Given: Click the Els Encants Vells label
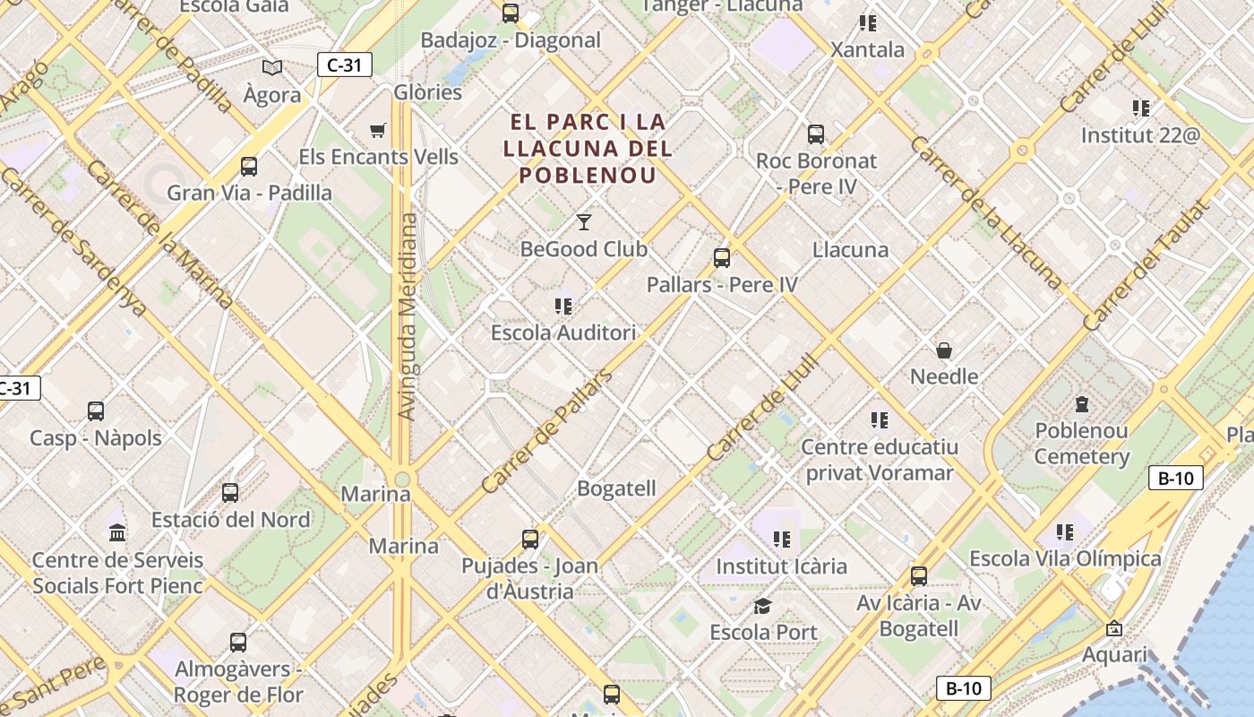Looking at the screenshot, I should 378,157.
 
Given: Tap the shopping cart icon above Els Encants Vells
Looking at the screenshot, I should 378,131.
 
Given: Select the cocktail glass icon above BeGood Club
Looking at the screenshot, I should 584,221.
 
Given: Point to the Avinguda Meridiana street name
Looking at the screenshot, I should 407,316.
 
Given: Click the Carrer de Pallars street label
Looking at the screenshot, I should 546,430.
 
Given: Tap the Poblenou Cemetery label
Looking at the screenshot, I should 1081,444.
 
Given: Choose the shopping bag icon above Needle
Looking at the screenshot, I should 944,350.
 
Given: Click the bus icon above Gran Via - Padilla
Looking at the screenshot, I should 249,167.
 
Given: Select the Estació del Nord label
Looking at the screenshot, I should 231,520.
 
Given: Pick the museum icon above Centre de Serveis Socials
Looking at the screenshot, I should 117,534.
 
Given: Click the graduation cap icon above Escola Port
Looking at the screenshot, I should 762,607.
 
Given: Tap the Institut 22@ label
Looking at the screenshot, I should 1139,135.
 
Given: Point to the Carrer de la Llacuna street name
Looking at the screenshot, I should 985,212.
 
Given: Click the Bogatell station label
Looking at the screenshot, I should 616,489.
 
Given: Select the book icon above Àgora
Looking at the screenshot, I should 272,67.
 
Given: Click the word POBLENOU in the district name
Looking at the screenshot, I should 588,175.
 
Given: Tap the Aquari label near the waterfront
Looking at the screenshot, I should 1114,654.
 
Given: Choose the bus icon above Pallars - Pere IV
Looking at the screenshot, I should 722,259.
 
